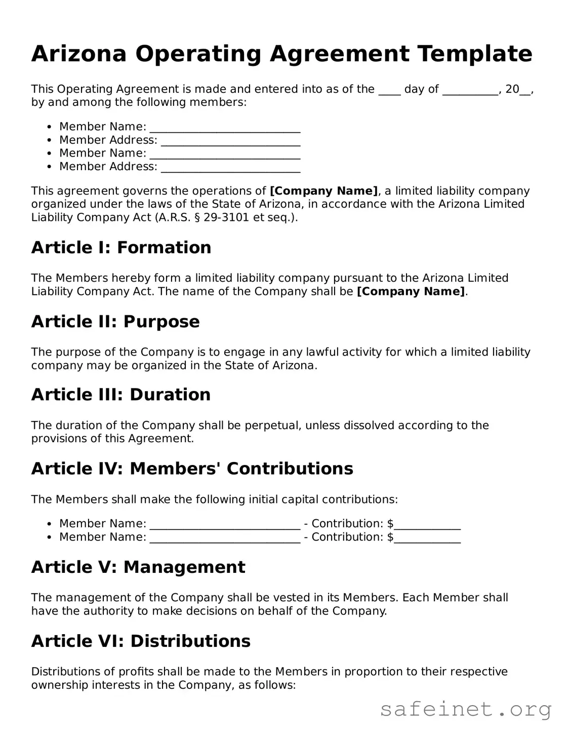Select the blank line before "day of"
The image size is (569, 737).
[389, 90]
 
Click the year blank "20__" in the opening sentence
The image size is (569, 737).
[518, 90]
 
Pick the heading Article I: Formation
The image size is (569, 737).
[121, 248]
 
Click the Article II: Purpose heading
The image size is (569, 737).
[115, 322]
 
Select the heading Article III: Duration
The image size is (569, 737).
[120, 395]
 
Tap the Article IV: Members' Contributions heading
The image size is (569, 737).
[192, 469]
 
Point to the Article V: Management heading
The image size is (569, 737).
[138, 567]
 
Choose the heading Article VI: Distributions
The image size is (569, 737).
[141, 641]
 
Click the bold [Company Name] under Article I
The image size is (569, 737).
[411, 292]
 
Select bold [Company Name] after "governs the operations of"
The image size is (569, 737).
[323, 191]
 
